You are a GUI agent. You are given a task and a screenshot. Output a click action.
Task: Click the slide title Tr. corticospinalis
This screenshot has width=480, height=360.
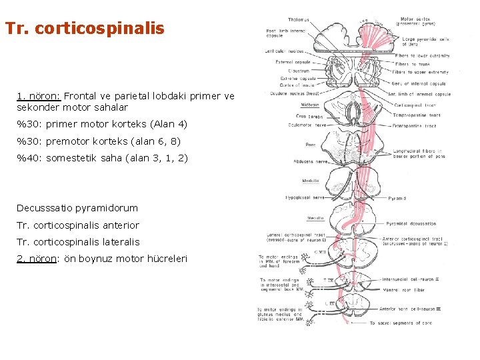coord(84,29)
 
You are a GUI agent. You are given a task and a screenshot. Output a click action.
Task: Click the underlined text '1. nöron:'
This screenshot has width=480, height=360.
coord(39,96)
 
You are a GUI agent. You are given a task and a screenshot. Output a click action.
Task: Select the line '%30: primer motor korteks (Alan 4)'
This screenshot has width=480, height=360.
coord(102,124)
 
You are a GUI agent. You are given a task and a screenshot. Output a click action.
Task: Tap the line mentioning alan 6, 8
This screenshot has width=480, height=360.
coord(98,141)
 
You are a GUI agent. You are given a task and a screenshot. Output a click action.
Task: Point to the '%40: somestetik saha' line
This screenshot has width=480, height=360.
coord(102,159)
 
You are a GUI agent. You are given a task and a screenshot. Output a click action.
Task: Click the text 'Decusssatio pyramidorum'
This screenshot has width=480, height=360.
coord(77,209)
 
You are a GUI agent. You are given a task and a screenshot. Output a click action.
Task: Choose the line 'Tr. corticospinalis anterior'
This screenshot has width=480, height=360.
coord(78,225)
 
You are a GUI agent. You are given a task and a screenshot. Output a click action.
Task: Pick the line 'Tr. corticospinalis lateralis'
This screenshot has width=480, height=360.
coord(78,242)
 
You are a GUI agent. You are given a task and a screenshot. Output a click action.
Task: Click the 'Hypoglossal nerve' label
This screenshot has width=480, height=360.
coord(304,198)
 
